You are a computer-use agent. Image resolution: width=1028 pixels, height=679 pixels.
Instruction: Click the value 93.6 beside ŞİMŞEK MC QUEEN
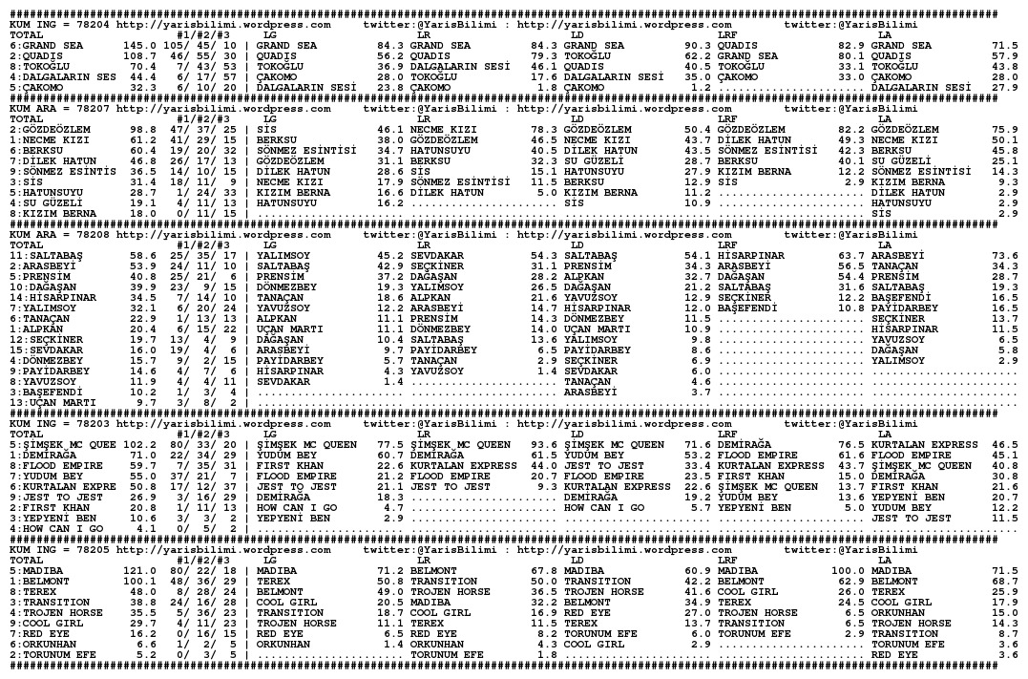coord(543,444)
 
